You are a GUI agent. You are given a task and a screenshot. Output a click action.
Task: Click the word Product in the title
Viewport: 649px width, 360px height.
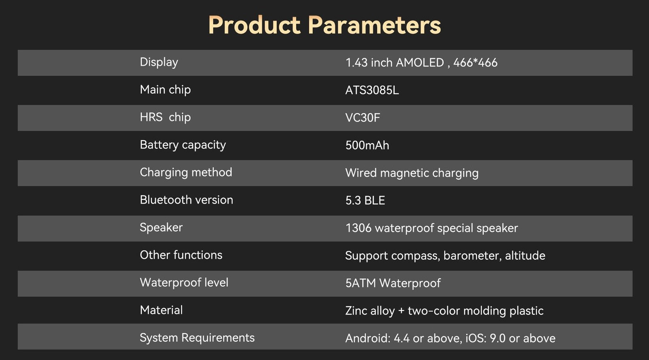click(254, 25)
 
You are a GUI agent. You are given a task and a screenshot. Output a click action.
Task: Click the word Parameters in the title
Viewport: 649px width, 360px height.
click(374, 25)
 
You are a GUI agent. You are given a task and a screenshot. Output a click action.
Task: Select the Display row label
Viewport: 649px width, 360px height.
click(159, 62)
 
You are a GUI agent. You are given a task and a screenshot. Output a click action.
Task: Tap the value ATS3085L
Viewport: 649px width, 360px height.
click(372, 90)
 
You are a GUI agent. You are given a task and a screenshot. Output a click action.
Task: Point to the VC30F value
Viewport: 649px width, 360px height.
click(363, 118)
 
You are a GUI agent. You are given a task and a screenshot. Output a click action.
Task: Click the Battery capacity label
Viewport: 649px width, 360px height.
click(183, 145)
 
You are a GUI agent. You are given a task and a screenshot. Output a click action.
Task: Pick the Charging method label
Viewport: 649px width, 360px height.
click(186, 173)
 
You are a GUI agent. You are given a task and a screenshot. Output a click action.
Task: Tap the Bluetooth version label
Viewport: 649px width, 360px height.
click(186, 200)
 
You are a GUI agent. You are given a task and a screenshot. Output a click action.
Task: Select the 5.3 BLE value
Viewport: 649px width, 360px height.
click(365, 201)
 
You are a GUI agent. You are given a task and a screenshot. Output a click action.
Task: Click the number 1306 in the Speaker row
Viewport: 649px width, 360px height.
click(359, 228)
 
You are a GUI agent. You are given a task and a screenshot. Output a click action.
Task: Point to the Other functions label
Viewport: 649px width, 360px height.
click(181, 255)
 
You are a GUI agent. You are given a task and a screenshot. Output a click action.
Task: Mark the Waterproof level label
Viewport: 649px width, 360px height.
click(184, 283)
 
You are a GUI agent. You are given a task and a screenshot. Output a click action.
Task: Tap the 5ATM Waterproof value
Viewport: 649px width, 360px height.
click(393, 283)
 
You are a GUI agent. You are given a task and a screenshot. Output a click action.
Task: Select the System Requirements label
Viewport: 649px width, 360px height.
click(197, 338)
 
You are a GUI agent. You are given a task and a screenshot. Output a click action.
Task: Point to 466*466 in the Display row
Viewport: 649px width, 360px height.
click(475, 62)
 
